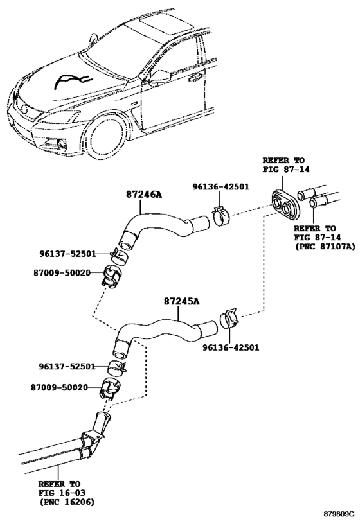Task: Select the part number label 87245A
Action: pos(182,301)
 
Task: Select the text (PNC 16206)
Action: pos(66,501)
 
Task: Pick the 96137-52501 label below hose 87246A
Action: pos(67,252)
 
